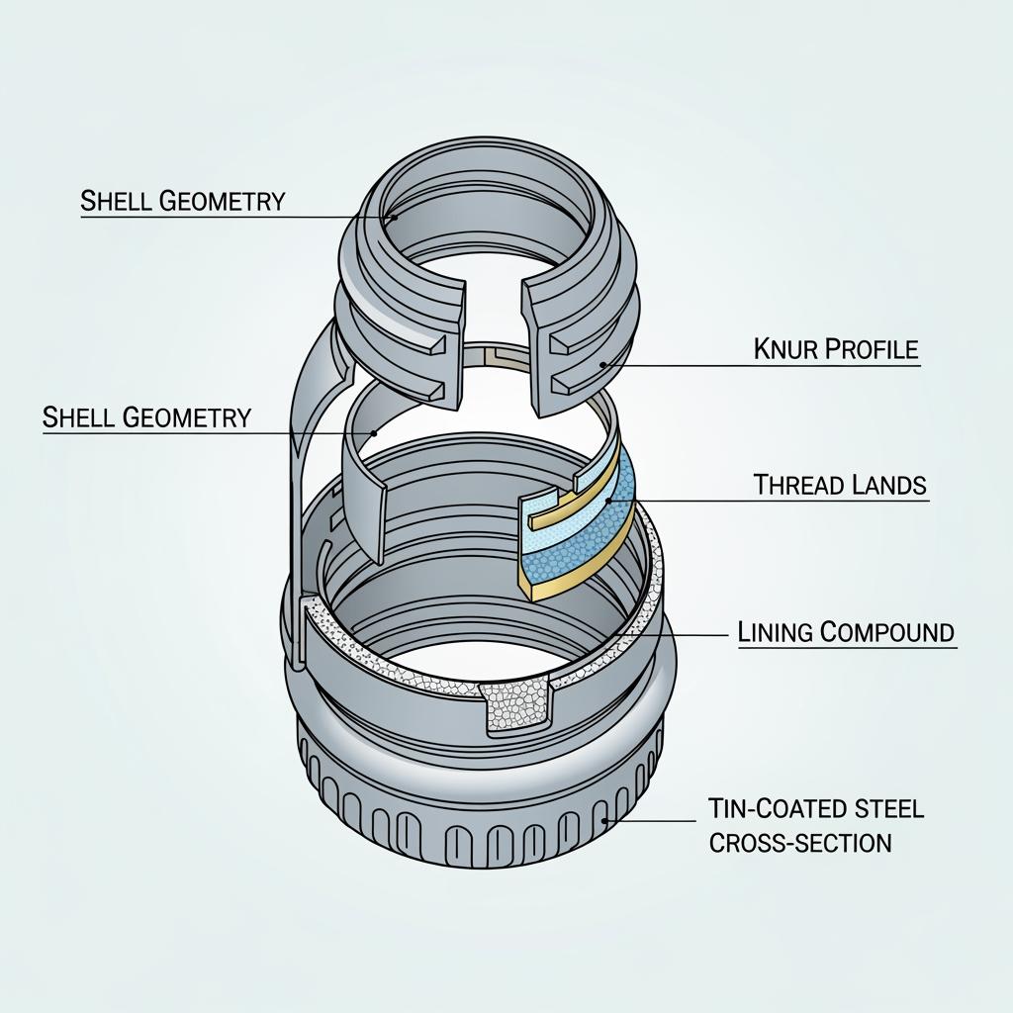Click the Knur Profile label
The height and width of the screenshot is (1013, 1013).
coord(836,349)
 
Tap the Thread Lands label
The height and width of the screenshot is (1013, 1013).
coord(840,485)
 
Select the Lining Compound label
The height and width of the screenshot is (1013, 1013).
coord(847,631)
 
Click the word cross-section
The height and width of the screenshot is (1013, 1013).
coord(799,843)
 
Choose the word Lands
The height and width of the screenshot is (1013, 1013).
coord(888,485)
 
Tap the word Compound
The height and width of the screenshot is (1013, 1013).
coord(887,631)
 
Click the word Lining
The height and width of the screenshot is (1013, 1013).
coord(776,631)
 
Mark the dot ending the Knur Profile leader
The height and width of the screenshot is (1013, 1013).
coord(602,365)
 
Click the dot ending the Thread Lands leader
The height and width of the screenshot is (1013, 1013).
coord(608,500)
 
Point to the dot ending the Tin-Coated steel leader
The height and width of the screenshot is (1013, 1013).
coord(604,821)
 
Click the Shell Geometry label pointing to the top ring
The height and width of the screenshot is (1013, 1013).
coord(182,200)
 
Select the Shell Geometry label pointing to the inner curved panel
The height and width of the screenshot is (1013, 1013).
coord(146,416)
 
